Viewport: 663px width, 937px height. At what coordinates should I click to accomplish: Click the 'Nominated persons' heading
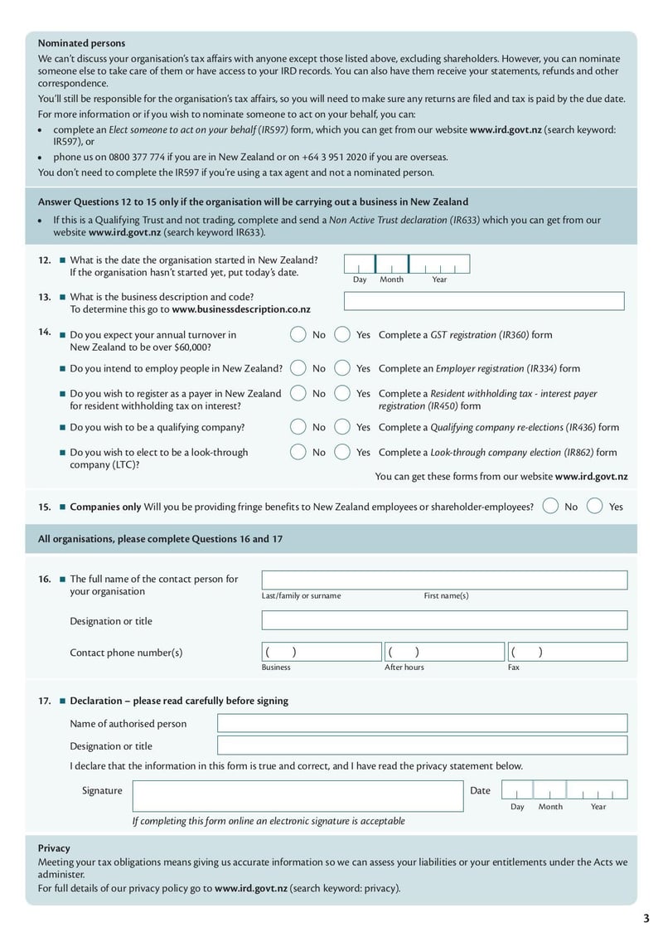click(81, 43)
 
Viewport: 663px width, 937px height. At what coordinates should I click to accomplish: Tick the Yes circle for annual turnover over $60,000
click(342, 335)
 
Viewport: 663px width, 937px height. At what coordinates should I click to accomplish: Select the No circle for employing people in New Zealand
click(298, 368)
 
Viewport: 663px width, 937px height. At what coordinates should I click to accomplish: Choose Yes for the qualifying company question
click(342, 427)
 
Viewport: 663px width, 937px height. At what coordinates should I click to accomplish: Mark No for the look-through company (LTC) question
click(298, 453)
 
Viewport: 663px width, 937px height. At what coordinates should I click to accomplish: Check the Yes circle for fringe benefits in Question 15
click(594, 506)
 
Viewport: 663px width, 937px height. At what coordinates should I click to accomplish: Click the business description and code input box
click(484, 301)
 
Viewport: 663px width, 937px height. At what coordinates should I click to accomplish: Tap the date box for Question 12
click(406, 264)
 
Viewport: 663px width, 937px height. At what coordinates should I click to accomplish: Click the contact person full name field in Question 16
click(444, 580)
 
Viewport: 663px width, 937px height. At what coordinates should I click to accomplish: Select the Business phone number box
click(322, 652)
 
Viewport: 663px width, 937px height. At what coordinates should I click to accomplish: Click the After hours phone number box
click(443, 652)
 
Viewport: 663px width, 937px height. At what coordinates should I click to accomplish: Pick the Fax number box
click(567, 652)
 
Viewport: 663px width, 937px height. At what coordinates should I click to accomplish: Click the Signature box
click(298, 795)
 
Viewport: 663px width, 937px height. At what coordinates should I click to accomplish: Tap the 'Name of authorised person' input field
click(422, 723)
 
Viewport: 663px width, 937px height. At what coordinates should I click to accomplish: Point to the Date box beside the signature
click(564, 789)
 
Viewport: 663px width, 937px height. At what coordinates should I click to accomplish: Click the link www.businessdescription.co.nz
click(241, 309)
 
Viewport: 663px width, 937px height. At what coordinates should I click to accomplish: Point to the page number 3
click(646, 918)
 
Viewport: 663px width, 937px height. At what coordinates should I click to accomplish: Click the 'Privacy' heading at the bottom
click(54, 848)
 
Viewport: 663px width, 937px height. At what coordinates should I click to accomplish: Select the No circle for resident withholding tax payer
click(298, 394)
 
